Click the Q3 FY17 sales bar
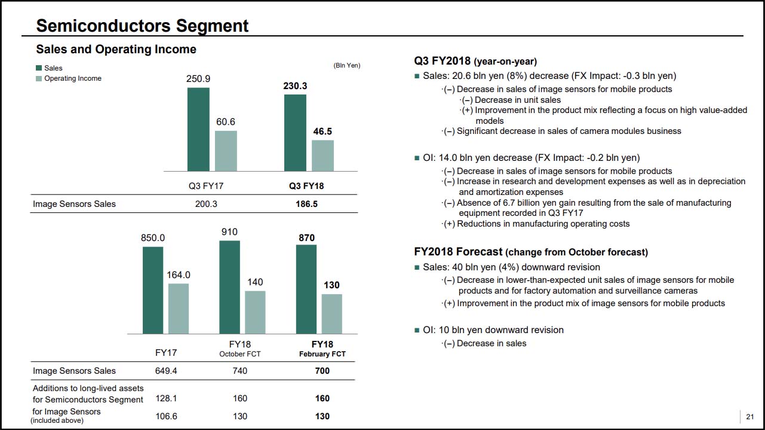click(198, 129)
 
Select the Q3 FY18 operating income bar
click(322, 155)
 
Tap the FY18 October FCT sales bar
click(230, 287)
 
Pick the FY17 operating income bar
click(179, 309)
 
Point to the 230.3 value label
click(295, 86)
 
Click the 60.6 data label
click(226, 121)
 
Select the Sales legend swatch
click(39, 68)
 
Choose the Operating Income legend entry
click(72, 78)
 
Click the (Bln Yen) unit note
click(346, 65)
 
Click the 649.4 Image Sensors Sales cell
click(166, 371)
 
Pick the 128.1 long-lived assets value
click(166, 398)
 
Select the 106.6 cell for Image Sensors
click(166, 416)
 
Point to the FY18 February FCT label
click(322, 349)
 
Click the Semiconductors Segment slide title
click(142, 26)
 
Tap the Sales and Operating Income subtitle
click(116, 49)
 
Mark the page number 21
click(750, 417)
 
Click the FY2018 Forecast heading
click(459, 252)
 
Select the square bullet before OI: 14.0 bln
click(417, 158)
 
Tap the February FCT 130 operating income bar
click(332, 314)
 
